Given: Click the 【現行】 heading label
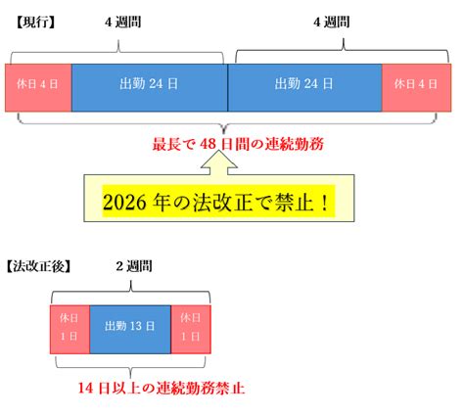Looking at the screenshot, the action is [x=35, y=23].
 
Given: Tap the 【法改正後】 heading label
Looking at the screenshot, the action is [x=38, y=266].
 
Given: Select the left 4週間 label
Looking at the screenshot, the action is [x=123, y=23].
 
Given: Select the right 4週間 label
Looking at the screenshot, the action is [x=332, y=23].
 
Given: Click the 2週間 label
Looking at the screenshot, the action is [x=134, y=266].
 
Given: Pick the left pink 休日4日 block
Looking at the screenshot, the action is [x=38, y=88].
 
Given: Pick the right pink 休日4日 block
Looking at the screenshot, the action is [x=417, y=88].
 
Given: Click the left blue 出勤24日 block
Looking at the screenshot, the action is [x=150, y=88].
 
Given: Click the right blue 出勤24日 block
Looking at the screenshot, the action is [x=304, y=88].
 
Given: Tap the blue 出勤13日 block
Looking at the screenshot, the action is [x=130, y=330].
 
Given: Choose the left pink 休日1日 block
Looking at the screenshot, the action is [x=70, y=330].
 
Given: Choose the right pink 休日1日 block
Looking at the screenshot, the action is [x=191, y=330].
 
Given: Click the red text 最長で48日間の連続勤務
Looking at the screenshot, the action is [x=238, y=144].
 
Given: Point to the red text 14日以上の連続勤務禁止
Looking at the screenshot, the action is [x=162, y=389].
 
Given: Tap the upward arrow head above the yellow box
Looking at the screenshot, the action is [x=219, y=160].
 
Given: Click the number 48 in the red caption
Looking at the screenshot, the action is [x=209, y=144].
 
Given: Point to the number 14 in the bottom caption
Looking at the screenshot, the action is [x=86, y=389].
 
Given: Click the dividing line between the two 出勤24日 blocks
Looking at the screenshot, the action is [x=228, y=88].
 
